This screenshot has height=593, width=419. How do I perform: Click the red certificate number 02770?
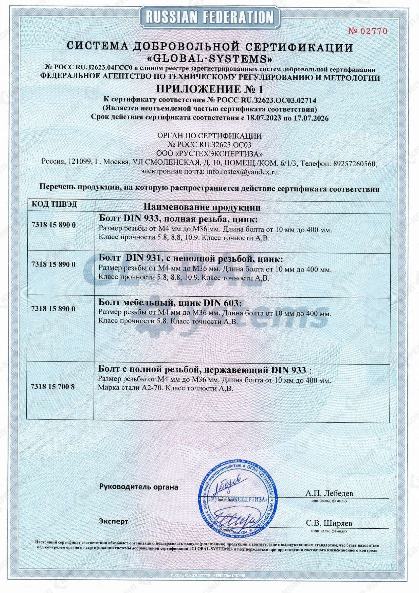(368, 31)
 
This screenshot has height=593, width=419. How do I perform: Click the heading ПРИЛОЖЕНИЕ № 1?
(209, 89)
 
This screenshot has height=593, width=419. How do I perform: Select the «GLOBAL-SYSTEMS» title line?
(209, 59)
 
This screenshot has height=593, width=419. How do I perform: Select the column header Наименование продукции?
(202, 207)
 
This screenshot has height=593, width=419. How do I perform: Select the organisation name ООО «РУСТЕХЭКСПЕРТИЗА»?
(209, 154)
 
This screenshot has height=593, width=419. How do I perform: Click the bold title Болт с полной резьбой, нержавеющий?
(202, 370)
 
